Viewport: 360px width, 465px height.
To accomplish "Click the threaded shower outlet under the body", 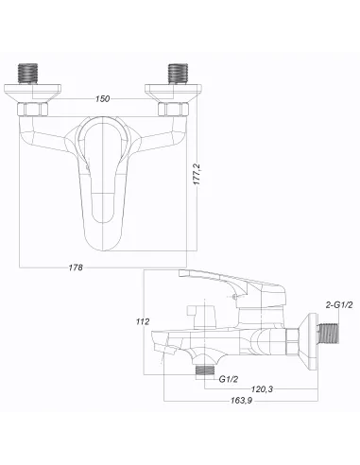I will click(x=200, y=370).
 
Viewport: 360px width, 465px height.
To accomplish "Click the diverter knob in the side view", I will click(x=197, y=312).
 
